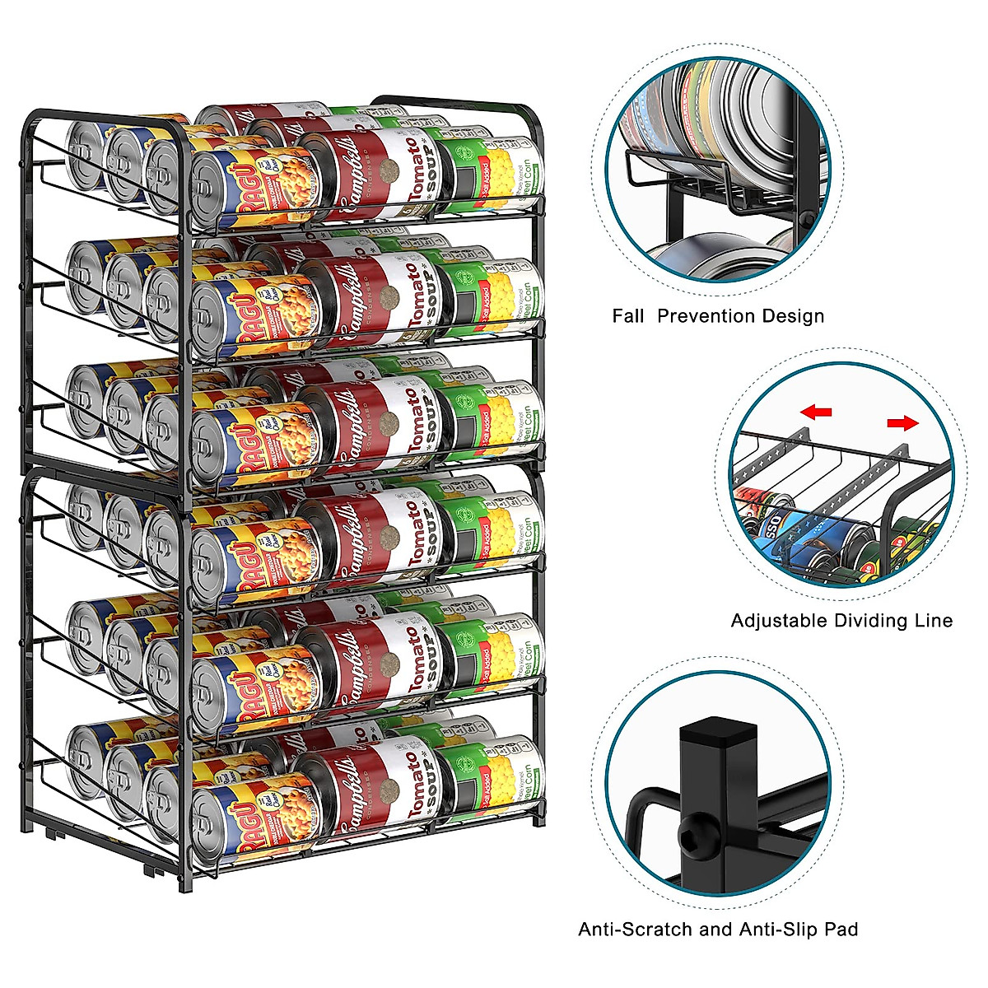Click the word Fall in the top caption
[628, 316]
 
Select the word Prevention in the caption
[706, 316]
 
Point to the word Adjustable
[778, 621]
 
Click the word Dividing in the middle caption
[869, 621]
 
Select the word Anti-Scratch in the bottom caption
[636, 930]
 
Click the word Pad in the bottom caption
[842, 930]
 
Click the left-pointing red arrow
[817, 412]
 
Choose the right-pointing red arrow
[902, 423]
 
